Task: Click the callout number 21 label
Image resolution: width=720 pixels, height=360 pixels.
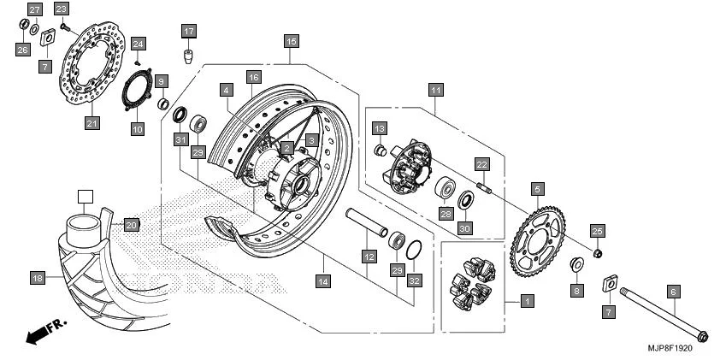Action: click(92, 123)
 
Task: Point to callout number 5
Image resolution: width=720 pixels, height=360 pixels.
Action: click(539, 188)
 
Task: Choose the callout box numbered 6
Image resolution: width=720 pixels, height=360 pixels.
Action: click(673, 292)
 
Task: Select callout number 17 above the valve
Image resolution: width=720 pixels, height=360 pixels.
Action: click(189, 31)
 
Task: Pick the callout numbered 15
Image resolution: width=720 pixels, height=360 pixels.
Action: click(291, 40)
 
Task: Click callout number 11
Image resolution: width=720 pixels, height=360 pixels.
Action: click(436, 89)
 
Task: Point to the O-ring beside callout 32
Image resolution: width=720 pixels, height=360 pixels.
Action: click(412, 250)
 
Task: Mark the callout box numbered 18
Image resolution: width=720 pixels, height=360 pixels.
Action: click(37, 278)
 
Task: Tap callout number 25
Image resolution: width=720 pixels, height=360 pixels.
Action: click(598, 231)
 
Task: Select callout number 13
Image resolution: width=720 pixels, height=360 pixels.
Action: click(380, 127)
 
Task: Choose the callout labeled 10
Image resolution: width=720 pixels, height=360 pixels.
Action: click(137, 130)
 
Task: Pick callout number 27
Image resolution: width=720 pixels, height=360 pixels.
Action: click(33, 9)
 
